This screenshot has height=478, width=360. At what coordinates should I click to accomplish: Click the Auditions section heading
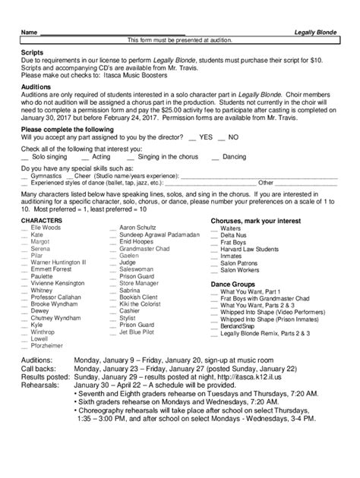[38, 87]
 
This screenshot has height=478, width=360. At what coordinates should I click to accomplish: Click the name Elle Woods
[46, 226]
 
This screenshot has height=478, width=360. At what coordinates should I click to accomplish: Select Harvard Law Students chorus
[250, 248]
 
